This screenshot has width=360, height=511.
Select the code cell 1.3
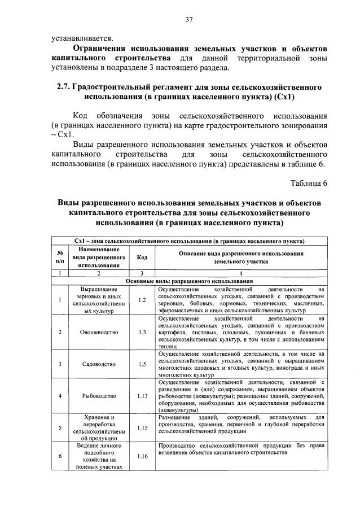(x=142, y=332)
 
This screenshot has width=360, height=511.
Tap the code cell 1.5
(x=142, y=364)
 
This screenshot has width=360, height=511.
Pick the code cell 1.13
(x=142, y=396)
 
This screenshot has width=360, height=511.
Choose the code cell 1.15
(x=142, y=428)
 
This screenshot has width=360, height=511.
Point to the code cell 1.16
(x=142, y=456)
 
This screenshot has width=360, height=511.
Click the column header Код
(x=142, y=257)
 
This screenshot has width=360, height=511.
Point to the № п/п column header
(x=60, y=257)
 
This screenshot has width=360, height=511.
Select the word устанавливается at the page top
(x=82, y=39)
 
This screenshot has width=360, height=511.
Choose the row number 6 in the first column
(x=60, y=456)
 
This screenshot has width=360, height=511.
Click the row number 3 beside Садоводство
(x=60, y=364)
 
